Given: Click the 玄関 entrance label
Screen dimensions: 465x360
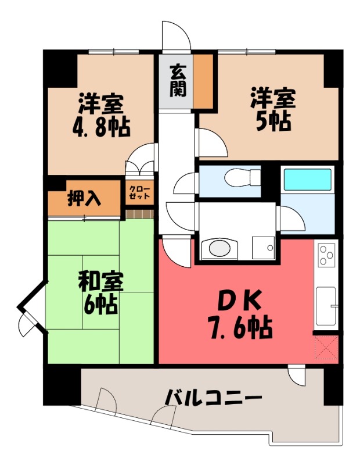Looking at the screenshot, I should [x=178, y=81].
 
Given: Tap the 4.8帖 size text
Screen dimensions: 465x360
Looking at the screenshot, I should [x=101, y=127].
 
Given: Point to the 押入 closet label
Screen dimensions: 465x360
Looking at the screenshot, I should [x=85, y=199].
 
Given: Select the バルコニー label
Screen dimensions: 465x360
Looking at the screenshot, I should [x=213, y=399].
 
